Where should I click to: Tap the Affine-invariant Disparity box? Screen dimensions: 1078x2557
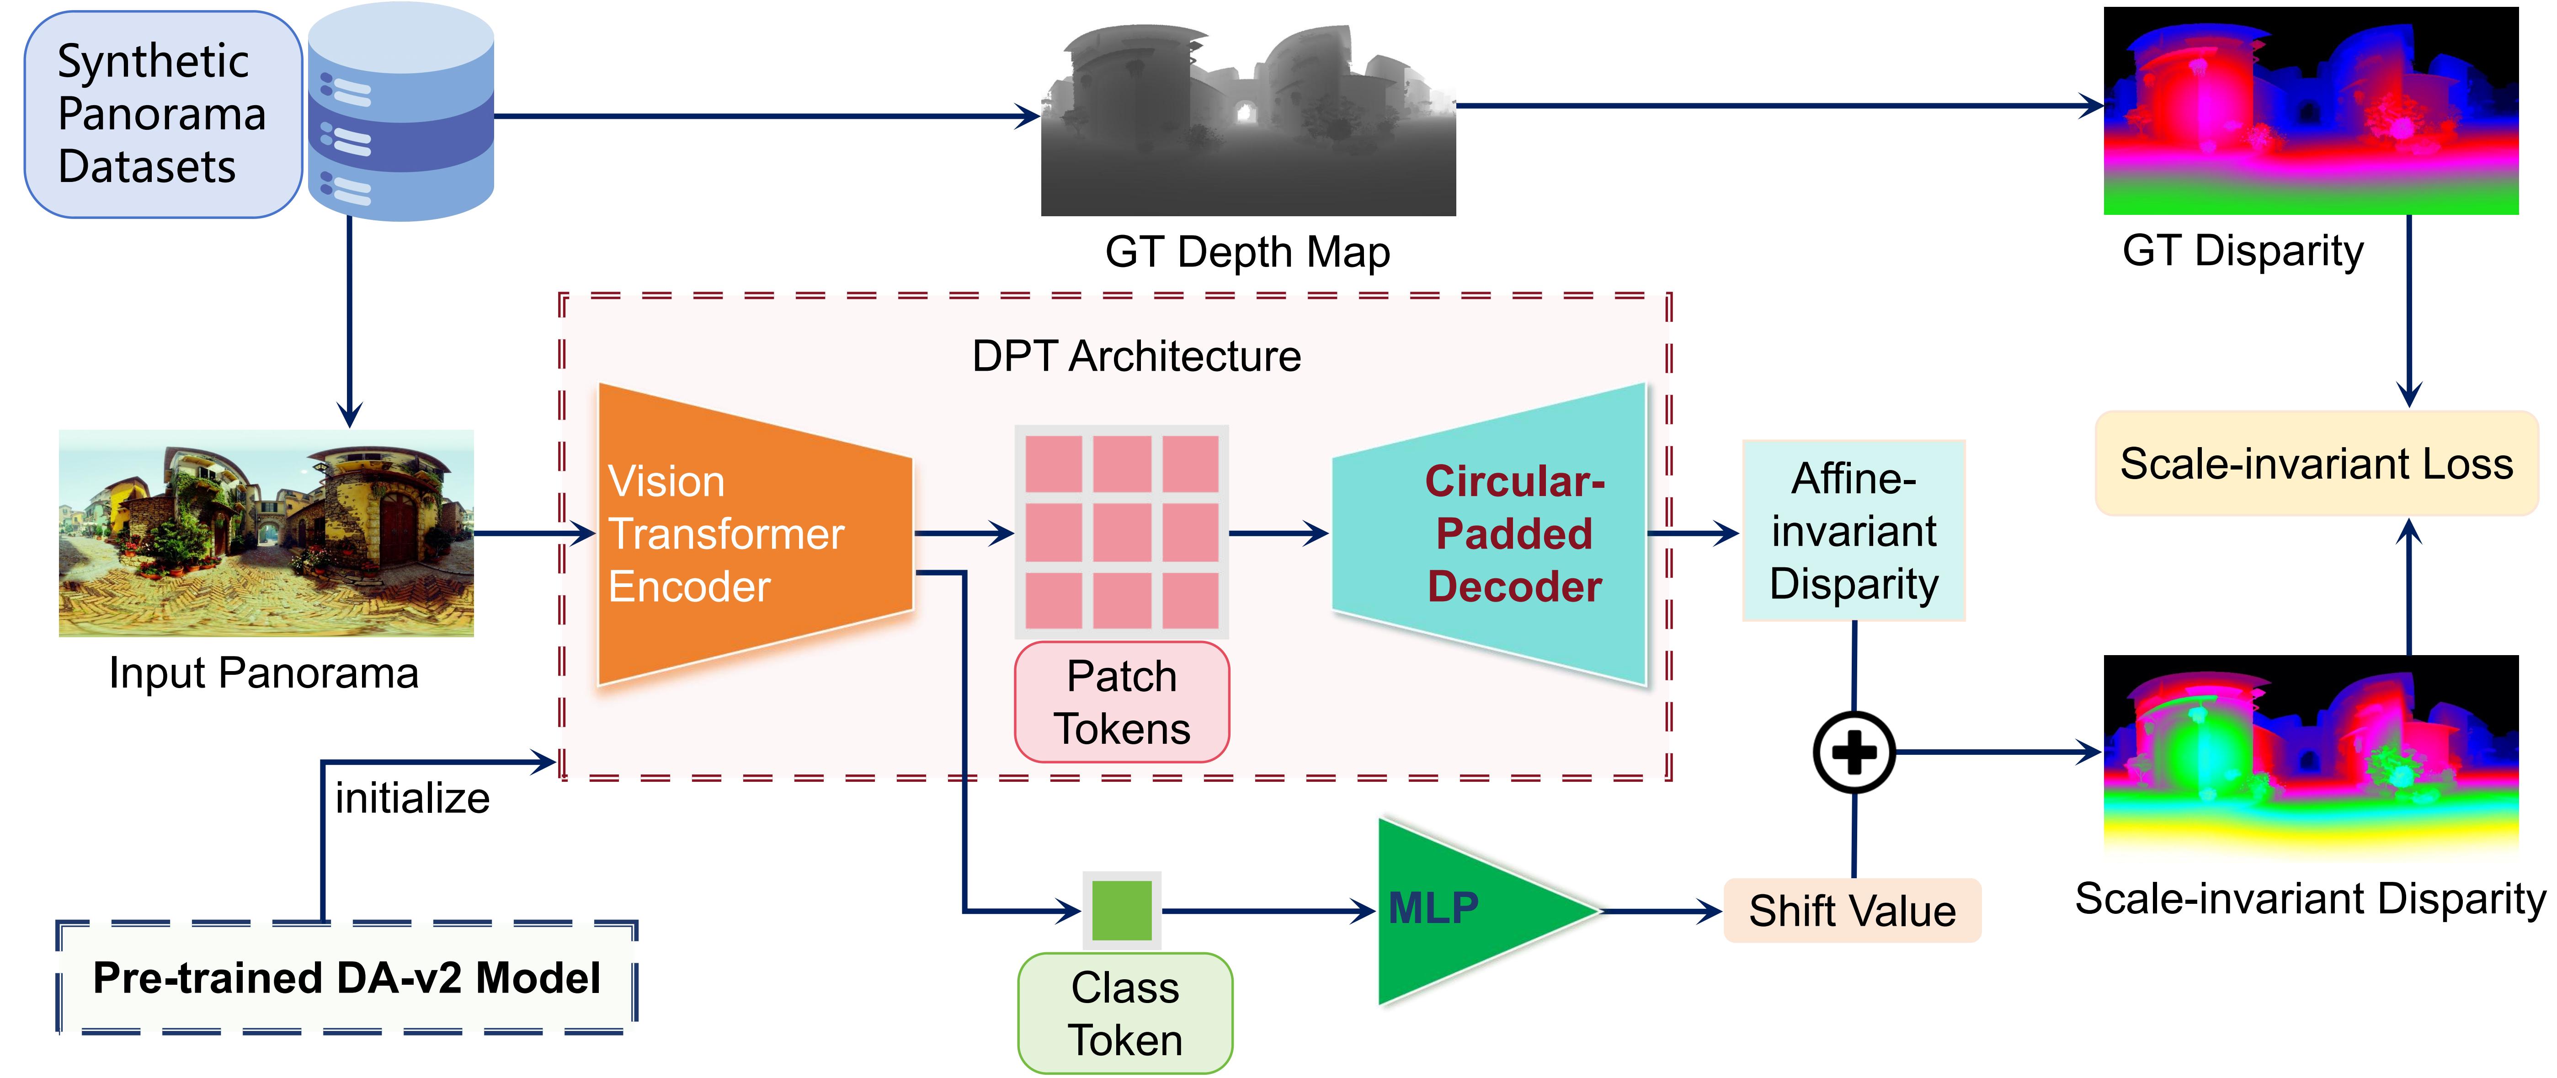[x=1853, y=531]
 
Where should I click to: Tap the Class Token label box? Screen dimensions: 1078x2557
[x=1124, y=1014]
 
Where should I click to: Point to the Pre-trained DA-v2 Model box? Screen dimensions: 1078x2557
[x=346, y=978]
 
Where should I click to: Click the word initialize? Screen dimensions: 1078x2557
[x=412, y=798]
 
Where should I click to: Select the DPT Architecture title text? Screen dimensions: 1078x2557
[x=1135, y=356]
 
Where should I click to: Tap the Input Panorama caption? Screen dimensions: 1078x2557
[x=264, y=673]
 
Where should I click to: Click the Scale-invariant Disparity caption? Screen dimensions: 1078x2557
[x=2310, y=898]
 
